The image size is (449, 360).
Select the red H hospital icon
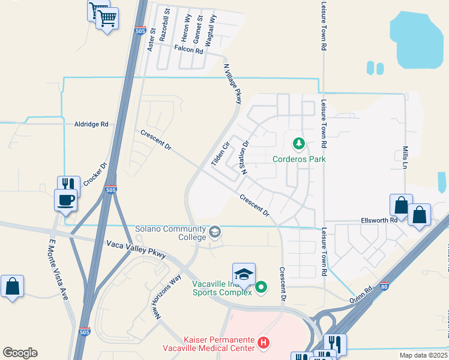(x=262, y=343)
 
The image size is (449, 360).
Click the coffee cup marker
(x=65, y=199)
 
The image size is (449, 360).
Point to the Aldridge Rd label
(x=91, y=124)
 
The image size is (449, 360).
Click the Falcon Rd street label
(x=189, y=50)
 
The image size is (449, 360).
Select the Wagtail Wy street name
(x=212, y=26)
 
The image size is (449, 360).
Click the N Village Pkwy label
(x=234, y=84)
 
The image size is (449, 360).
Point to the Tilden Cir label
(x=220, y=154)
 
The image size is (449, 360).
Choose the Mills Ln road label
(x=405, y=156)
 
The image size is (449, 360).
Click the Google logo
(x=20, y=353)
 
